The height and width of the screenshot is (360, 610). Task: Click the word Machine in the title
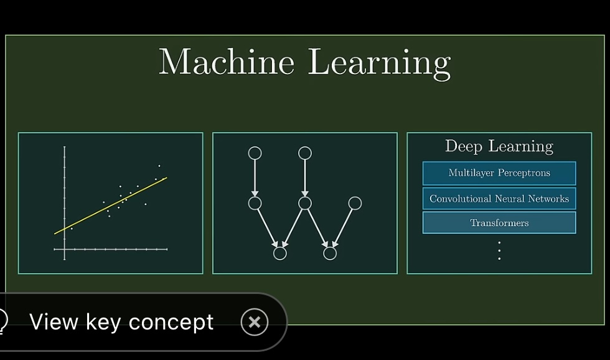coord(227,62)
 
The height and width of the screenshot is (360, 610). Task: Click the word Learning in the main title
coord(379,64)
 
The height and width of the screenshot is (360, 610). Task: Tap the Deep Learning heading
coord(499,146)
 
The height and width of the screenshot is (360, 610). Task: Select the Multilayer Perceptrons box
coord(499,173)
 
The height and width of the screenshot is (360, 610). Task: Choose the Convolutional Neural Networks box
coord(499,199)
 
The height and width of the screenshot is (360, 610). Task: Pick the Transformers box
coord(499,222)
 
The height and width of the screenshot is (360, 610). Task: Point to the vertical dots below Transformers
coord(499,250)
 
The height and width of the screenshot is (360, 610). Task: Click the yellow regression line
coord(111,206)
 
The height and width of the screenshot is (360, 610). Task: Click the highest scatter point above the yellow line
coord(159,166)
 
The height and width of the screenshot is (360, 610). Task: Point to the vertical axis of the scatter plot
coord(64,203)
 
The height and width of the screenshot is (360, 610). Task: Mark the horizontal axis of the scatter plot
coord(111,249)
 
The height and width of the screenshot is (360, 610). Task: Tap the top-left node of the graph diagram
coord(255,153)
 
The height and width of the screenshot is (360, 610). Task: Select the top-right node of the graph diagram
coord(305,153)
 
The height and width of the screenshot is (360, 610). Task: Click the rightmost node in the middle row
coord(355,203)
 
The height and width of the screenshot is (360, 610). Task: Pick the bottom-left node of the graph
coord(280,253)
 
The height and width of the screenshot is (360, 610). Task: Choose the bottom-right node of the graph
coord(330,253)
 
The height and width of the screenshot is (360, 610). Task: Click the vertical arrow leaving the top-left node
coord(255,178)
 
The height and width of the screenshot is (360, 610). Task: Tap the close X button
coord(255,322)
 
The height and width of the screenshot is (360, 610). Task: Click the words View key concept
coord(121,322)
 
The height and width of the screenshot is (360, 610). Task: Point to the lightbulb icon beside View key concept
coord(3,321)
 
